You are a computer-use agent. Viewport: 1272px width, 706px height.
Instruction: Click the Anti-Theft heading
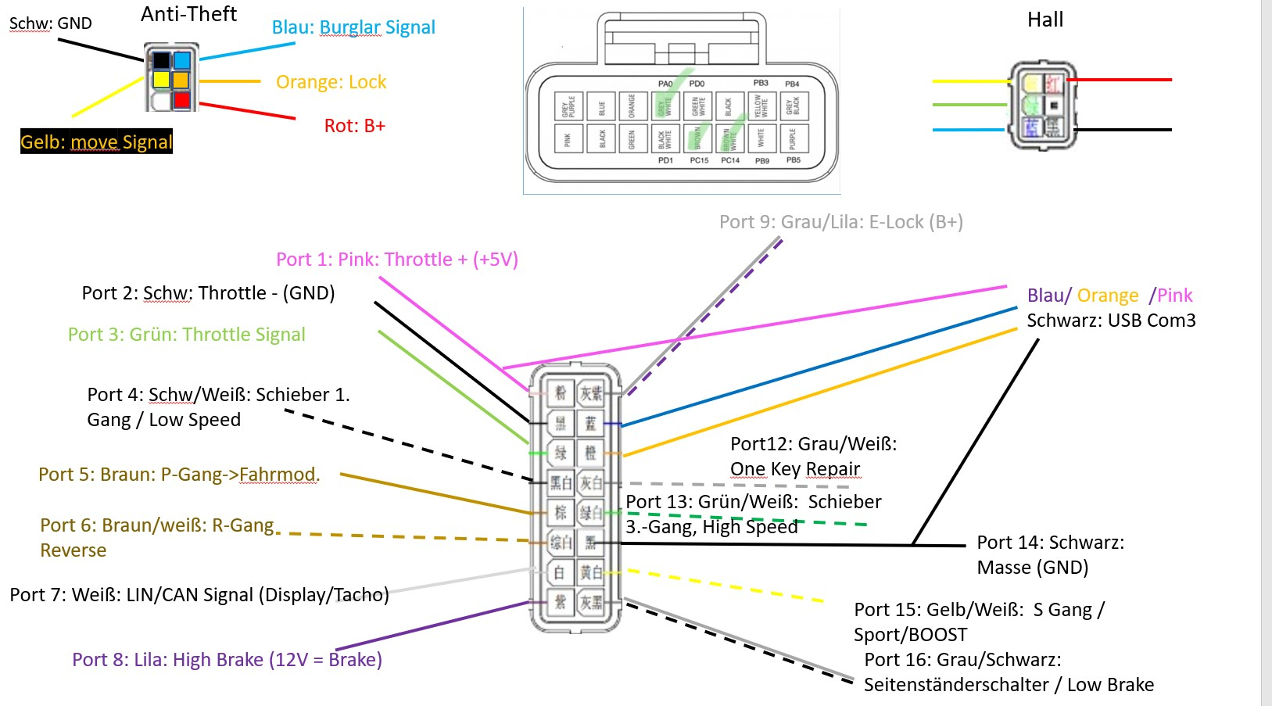click(x=188, y=14)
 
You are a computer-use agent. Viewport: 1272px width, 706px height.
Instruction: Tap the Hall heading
click(x=1044, y=20)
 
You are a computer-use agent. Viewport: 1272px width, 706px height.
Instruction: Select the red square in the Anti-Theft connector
click(x=181, y=100)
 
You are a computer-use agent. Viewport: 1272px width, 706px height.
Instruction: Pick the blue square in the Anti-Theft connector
click(x=181, y=60)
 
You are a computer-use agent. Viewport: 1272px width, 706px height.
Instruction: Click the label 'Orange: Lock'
click(x=331, y=82)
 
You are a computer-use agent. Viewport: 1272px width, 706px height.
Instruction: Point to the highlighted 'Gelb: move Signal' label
click(x=96, y=142)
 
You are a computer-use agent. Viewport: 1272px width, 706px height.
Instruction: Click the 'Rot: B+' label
click(x=354, y=126)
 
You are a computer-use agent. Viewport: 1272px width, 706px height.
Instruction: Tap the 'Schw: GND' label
click(x=50, y=23)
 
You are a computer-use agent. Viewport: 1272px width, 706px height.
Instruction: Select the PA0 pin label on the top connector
click(x=665, y=84)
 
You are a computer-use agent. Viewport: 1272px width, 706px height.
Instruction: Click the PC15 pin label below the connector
click(x=699, y=160)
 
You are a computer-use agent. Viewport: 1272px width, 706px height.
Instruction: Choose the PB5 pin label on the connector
click(x=793, y=160)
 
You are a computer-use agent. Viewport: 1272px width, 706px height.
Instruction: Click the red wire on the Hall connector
click(x=1119, y=80)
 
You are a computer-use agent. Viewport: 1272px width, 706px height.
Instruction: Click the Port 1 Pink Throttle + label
click(x=396, y=260)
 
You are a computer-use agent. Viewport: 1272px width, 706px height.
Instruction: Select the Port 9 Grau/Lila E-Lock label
click(x=840, y=222)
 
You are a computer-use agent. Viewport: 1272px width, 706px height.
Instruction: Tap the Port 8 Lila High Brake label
click(x=227, y=660)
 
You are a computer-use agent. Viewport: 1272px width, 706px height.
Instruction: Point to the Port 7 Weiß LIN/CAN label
click(x=199, y=595)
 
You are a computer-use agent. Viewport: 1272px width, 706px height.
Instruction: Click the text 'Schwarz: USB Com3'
click(x=1110, y=321)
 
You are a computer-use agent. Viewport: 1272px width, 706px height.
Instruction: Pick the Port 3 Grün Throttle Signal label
click(x=186, y=335)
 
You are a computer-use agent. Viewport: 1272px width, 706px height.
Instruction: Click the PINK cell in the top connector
click(x=568, y=139)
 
